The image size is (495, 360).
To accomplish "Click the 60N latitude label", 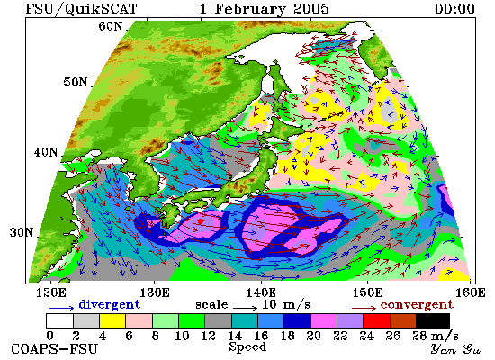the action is click(x=111, y=26).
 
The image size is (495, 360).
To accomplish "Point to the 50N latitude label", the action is click(x=76, y=82).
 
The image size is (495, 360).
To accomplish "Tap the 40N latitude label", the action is click(x=46, y=152).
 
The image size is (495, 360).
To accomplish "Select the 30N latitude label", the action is click(x=22, y=233).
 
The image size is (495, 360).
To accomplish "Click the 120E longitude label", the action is click(x=50, y=292).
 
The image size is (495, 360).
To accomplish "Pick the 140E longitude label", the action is click(x=261, y=292).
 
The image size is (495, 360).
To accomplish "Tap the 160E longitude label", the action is click(x=470, y=292).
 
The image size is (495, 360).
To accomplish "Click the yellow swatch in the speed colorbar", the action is click(x=112, y=320).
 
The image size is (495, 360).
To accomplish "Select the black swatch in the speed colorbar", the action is click(x=433, y=320).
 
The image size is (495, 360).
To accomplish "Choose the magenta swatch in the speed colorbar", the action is click(x=324, y=320).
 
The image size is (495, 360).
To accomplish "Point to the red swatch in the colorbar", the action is click(x=376, y=320).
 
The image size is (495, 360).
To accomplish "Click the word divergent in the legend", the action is click(x=109, y=305).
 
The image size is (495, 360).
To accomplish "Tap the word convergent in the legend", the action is click(x=417, y=305).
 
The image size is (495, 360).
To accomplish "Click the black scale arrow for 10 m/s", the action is click(x=246, y=307).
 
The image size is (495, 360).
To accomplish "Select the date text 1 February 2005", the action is click(x=265, y=9).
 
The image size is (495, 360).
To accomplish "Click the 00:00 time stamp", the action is click(x=454, y=8).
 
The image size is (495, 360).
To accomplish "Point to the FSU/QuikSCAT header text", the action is click(x=81, y=9).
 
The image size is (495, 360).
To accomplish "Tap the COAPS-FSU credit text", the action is click(x=54, y=349).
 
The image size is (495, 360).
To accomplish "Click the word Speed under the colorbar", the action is click(x=247, y=347).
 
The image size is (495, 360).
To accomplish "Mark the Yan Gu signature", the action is click(x=456, y=349).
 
